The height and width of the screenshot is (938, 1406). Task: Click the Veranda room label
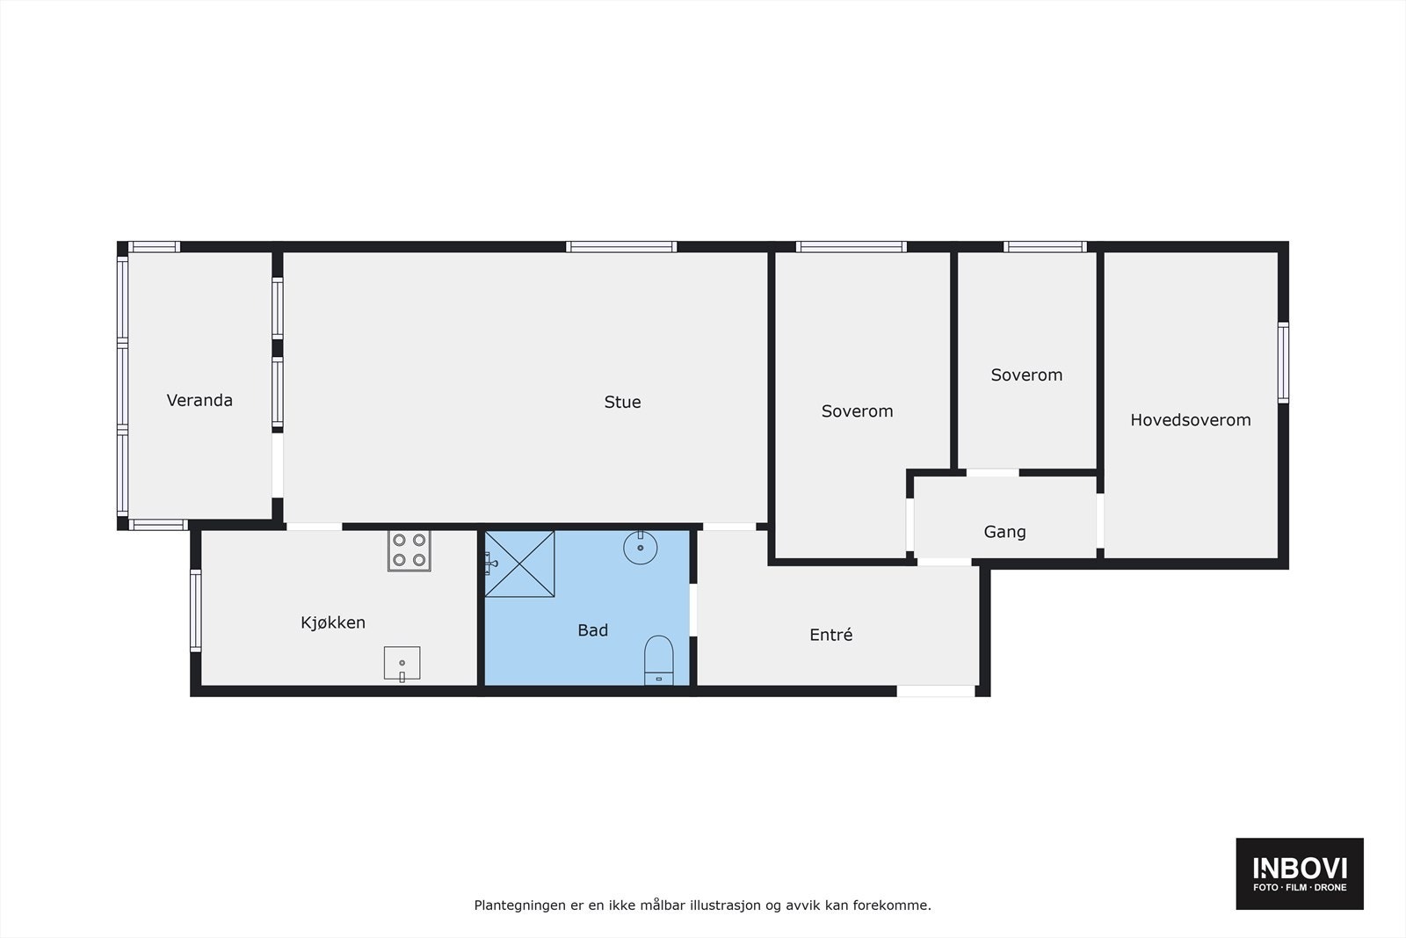[199, 401]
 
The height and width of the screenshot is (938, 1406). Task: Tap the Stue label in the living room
[622, 403]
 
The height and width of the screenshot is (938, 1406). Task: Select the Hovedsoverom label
[1190, 420]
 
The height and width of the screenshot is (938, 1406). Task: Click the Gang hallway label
[1004, 532]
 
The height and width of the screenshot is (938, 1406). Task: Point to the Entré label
[830, 635]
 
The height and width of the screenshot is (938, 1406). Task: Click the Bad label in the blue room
[592, 630]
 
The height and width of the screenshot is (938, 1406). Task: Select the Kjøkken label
[333, 623]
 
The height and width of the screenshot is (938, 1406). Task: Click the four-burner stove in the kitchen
[409, 550]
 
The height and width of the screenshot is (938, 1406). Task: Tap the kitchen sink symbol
[402, 663]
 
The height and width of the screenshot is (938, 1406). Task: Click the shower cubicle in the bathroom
[519, 564]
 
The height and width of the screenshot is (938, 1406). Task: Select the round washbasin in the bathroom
[641, 547]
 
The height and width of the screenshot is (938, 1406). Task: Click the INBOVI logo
[1299, 873]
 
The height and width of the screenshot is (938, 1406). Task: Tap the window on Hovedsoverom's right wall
[1283, 363]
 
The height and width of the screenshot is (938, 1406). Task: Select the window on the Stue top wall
[621, 247]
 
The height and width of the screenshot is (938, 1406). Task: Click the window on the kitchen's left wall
[196, 610]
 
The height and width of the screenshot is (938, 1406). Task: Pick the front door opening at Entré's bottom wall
[936, 692]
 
